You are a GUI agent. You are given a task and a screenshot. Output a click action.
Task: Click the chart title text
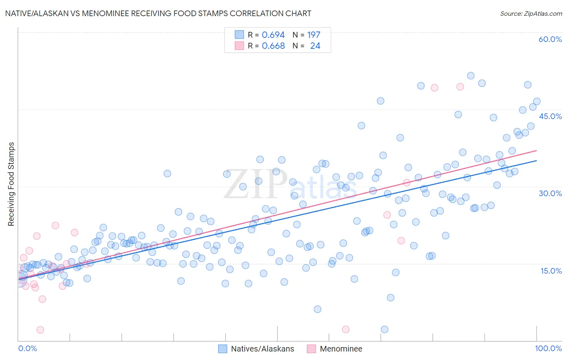158,13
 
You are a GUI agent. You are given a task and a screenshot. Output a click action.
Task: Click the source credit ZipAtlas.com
531,14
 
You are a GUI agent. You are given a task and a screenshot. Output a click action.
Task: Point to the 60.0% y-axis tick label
550,39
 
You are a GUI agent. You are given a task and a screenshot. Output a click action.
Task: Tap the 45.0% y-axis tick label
550,116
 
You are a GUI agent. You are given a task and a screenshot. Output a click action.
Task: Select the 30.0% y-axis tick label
550,193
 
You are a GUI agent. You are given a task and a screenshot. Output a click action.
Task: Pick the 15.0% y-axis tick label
551,271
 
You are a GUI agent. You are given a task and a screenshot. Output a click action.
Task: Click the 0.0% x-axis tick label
27,348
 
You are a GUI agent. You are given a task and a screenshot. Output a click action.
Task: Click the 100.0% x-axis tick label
548,348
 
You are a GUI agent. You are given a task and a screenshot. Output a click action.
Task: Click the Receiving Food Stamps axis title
11,184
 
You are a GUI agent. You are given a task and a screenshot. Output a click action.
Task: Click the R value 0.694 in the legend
273,35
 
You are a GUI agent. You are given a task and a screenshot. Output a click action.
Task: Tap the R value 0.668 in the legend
273,46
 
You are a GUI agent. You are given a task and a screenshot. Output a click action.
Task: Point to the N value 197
313,35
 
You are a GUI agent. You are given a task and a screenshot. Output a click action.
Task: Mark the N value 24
315,46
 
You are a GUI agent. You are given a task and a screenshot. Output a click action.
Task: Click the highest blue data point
471,76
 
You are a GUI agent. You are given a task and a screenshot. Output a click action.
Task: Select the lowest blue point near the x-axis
384,329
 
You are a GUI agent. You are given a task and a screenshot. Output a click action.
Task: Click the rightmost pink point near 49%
460,87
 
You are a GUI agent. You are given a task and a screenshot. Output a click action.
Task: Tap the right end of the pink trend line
537,151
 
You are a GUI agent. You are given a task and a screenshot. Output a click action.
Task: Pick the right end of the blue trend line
537,161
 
